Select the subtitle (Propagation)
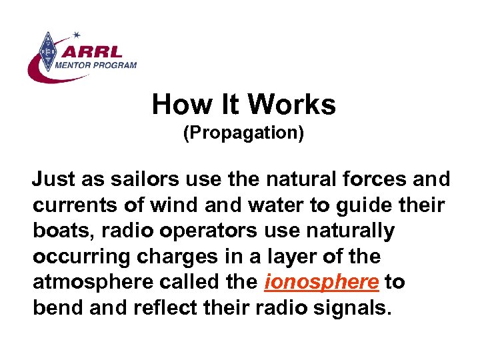pos(243,133)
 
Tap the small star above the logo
pos(77,34)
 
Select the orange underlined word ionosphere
pos(321,282)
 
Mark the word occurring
pos(73,256)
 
